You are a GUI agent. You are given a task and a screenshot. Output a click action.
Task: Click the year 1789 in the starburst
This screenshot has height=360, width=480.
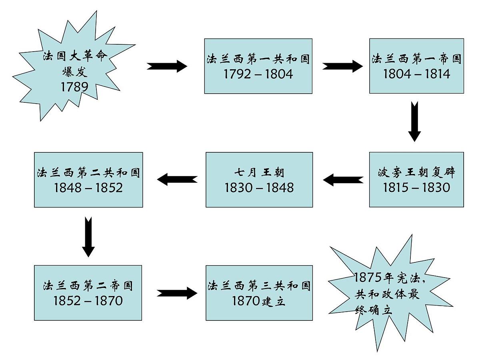(x=74, y=86)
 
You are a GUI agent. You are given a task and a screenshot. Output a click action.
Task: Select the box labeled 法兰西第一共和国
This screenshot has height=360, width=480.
(x=258, y=66)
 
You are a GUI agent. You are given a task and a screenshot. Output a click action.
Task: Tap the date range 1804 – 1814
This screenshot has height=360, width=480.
(x=416, y=74)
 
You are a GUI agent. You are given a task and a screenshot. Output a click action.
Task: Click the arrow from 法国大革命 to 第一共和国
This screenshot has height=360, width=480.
(x=167, y=66)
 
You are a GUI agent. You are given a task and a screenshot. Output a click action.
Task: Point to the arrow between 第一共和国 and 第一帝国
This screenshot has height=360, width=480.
(x=342, y=66)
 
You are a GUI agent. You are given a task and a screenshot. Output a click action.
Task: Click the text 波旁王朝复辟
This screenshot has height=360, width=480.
(x=416, y=173)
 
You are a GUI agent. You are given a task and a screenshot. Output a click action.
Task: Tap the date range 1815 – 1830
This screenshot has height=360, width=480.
(x=416, y=187)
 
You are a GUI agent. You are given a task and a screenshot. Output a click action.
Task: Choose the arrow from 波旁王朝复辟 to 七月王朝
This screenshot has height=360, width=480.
(x=343, y=180)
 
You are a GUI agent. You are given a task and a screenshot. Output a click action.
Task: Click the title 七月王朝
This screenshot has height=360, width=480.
(x=259, y=173)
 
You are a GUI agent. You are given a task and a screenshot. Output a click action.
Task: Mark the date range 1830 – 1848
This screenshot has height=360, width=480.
(x=259, y=187)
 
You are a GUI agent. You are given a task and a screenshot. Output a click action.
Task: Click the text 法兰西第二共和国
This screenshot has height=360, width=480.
(x=88, y=173)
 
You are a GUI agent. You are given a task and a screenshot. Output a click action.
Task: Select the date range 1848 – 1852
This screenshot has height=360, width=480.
(x=88, y=187)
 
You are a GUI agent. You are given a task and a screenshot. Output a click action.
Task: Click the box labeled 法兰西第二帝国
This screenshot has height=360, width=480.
(x=88, y=292)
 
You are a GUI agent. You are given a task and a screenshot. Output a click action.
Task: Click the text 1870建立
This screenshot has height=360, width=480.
(x=259, y=301)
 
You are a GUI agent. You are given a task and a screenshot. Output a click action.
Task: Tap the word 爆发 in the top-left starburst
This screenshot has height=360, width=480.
(x=74, y=72)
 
